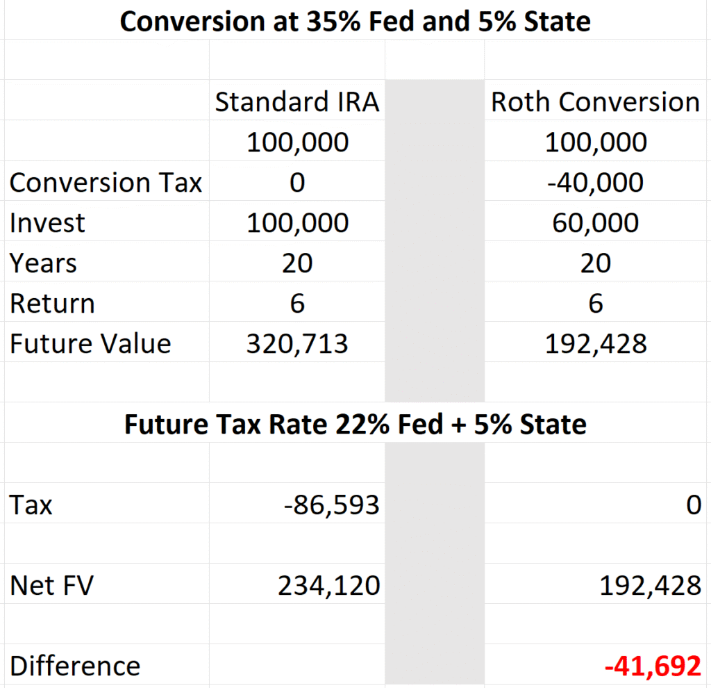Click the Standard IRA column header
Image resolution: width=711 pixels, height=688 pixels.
tap(297, 102)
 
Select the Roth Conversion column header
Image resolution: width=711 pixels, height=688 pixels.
tap(595, 102)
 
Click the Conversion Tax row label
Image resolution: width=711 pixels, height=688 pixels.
tap(106, 183)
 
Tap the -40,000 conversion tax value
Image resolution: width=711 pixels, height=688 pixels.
tap(595, 183)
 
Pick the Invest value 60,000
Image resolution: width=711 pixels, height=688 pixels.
tap(595, 223)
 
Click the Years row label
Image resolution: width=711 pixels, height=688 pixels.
tap(43, 263)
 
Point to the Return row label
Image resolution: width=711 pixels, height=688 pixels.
tap(52, 304)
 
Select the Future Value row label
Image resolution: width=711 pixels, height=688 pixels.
tap(90, 344)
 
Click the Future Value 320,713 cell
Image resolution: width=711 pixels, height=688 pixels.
tap(297, 344)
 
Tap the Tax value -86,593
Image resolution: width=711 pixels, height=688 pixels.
tap(332, 505)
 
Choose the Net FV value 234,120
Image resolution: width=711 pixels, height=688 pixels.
tap(329, 586)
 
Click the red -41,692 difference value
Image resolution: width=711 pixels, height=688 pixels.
tap(653, 666)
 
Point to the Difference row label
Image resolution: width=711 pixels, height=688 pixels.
tap(75, 666)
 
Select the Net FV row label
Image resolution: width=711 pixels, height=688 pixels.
tap(51, 586)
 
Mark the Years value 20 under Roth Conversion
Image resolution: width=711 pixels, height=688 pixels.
tap(595, 263)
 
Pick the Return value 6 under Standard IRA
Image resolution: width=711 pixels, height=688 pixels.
tap(297, 304)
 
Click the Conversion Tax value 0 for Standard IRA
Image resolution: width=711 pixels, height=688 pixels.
tap(297, 183)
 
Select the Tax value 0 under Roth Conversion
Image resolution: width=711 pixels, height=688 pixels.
tap(693, 505)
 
